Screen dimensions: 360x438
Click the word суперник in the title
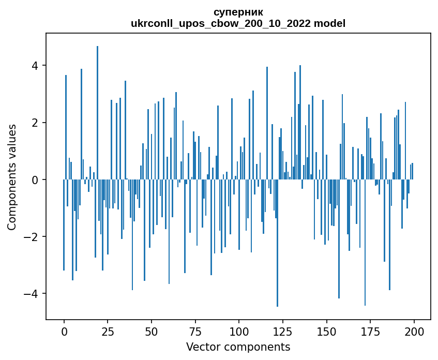tap(238, 12)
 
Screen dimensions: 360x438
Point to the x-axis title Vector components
tap(238, 347)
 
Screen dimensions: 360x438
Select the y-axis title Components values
tap(12, 176)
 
